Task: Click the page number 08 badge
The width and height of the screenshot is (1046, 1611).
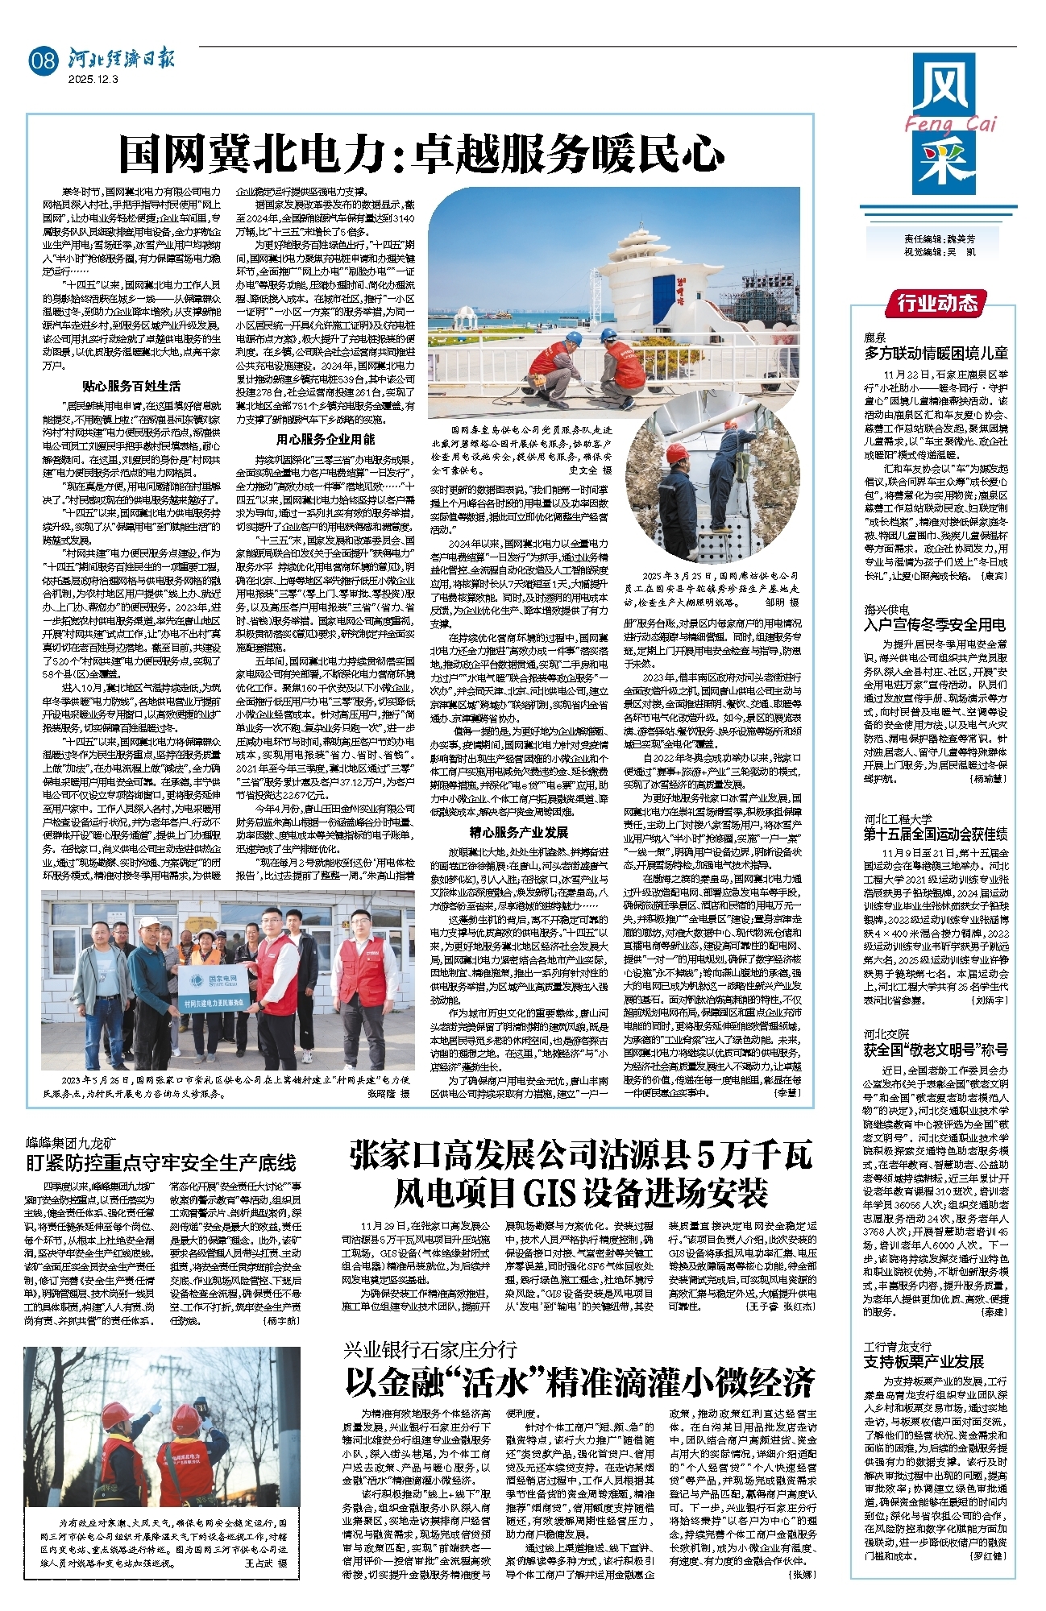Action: [x=43, y=60]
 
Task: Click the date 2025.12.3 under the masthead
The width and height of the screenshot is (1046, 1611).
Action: [x=93, y=80]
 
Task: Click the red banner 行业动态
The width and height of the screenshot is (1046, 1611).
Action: [x=937, y=304]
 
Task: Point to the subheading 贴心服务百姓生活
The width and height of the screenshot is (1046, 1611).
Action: [x=131, y=386]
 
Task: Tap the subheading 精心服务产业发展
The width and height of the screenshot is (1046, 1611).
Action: [x=519, y=832]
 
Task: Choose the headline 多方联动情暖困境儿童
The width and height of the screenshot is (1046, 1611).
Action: [x=936, y=353]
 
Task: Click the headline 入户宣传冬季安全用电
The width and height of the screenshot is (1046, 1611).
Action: [x=935, y=625]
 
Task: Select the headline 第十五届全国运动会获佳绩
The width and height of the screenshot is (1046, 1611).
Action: [x=936, y=834]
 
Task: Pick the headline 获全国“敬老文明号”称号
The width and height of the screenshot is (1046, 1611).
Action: [x=936, y=1050]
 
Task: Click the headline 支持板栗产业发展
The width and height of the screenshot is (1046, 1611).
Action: [x=924, y=1361]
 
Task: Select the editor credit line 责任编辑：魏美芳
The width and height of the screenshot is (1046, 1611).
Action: [x=940, y=240]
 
